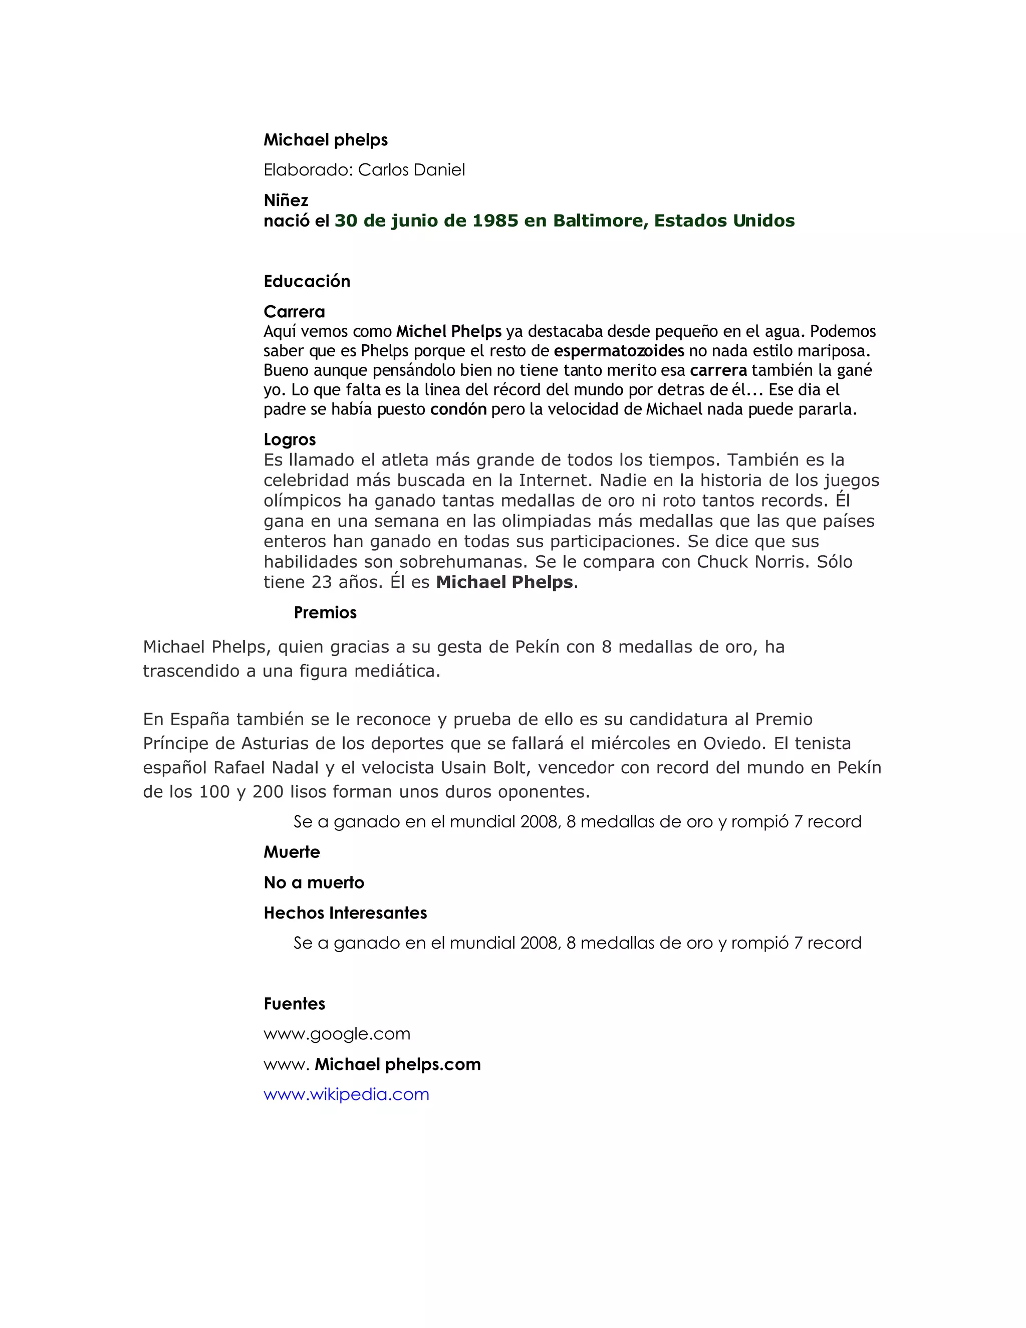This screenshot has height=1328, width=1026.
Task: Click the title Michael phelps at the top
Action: point(325,140)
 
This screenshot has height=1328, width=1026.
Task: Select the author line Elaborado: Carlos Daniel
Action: point(364,170)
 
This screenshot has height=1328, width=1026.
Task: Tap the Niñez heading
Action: point(286,200)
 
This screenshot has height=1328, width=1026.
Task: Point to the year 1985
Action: point(495,220)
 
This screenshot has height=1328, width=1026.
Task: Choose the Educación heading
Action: point(307,281)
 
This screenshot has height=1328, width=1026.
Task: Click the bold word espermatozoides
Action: point(619,351)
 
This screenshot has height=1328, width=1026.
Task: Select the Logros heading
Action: point(290,439)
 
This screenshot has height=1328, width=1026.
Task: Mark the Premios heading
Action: point(325,612)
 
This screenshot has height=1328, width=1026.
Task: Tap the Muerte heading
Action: point(292,852)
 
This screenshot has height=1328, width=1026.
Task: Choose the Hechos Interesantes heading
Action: point(345,913)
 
